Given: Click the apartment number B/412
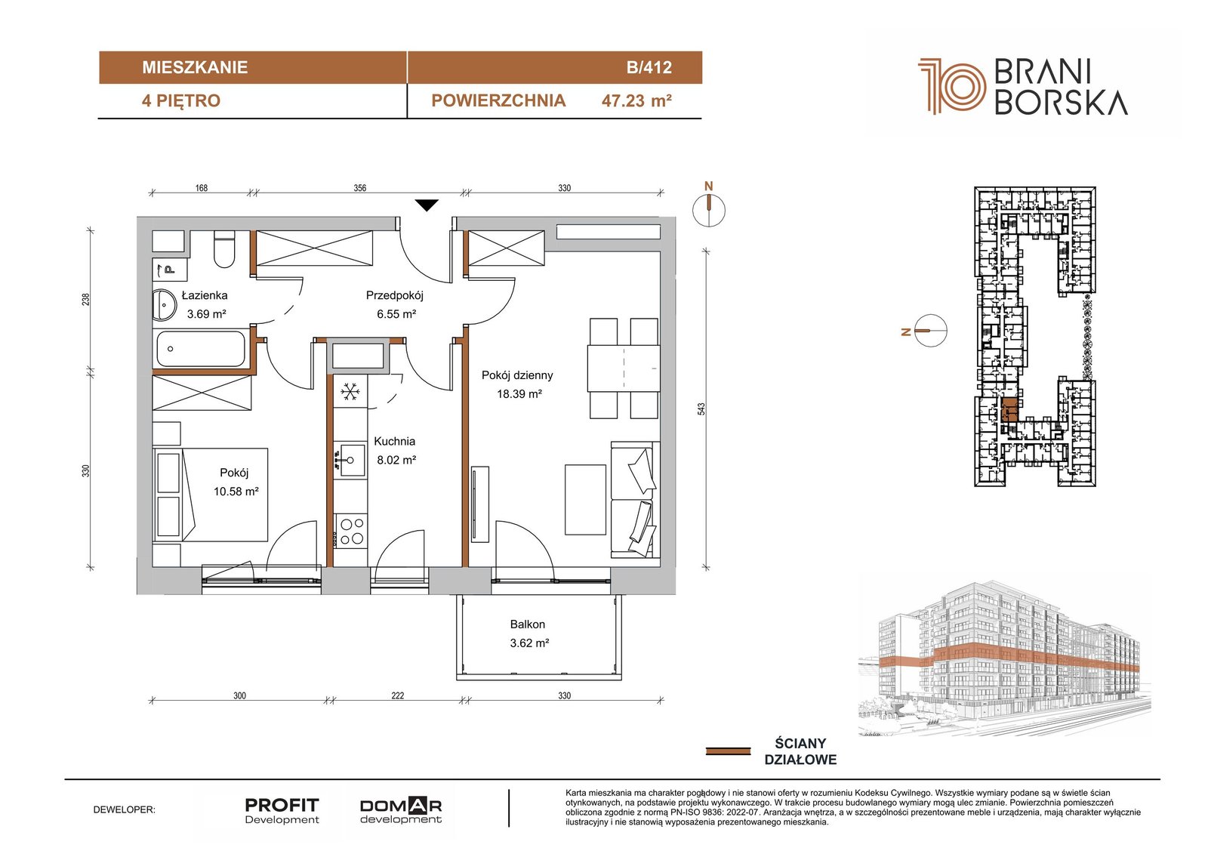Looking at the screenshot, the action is (x=649, y=67).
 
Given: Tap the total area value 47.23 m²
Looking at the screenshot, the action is (x=636, y=101).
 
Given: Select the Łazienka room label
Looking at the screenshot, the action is (x=205, y=295).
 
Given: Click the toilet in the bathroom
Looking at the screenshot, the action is (x=224, y=248).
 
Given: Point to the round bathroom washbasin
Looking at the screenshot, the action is (x=164, y=306).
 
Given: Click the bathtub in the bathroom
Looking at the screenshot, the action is (x=201, y=349).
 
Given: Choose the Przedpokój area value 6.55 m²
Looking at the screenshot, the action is (x=396, y=314).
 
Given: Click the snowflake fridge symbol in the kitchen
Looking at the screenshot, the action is (x=350, y=391).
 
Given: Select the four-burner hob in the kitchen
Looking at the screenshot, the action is (x=351, y=531).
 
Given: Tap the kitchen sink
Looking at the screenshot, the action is (x=348, y=460).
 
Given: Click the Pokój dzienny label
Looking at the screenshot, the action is (x=517, y=375).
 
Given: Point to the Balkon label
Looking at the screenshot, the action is (x=528, y=624).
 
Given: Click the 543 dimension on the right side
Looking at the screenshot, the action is (x=701, y=409).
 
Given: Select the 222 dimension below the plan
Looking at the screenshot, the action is (x=397, y=695).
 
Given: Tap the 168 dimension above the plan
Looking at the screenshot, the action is (x=201, y=188).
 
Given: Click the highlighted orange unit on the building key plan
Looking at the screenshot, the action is (x=1009, y=410).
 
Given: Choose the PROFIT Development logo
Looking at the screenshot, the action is (x=282, y=811).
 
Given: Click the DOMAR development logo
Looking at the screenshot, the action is (x=401, y=811).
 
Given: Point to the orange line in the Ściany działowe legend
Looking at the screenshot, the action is (x=728, y=751).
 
